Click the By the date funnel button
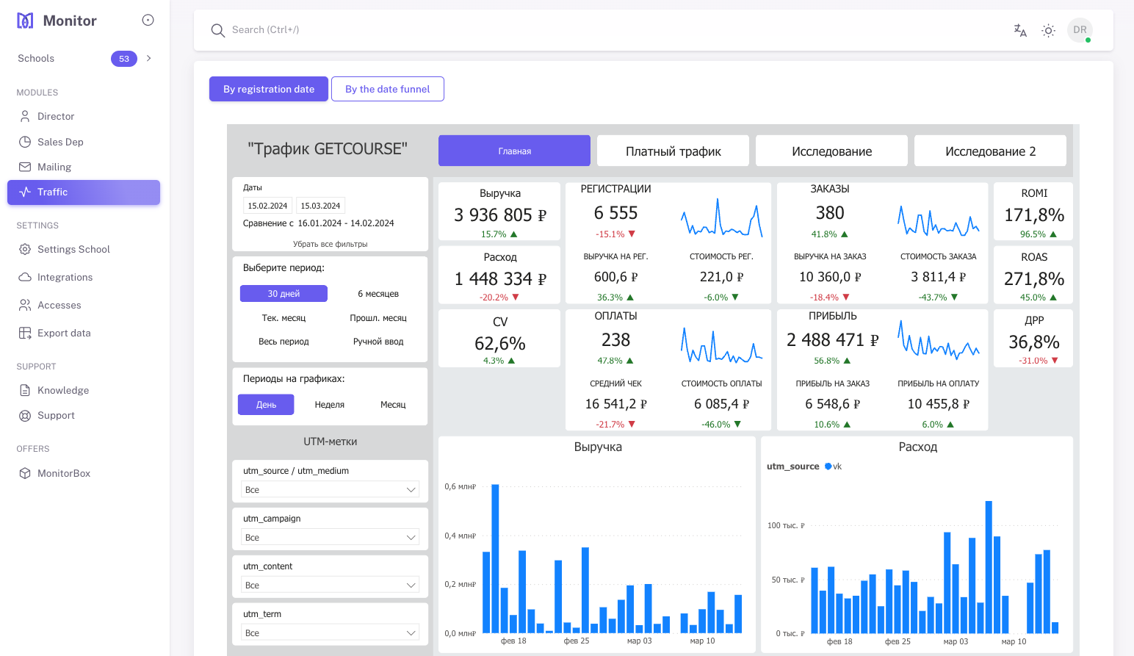click(387, 89)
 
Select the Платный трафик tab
click(673, 151)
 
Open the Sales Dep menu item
click(60, 142)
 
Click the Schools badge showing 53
click(123, 59)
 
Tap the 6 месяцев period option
click(378, 294)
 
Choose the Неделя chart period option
click(329, 405)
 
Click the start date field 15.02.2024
click(267, 206)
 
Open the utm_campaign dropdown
click(330, 537)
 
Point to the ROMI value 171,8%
click(1033, 215)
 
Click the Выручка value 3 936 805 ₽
click(499, 215)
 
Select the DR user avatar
click(1079, 30)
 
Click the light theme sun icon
click(1048, 30)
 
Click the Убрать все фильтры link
click(330, 244)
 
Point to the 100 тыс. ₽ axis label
click(785, 525)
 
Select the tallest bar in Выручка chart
click(495, 558)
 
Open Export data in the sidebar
click(64, 333)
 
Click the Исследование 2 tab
click(989, 151)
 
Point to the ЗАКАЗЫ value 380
click(829, 213)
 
